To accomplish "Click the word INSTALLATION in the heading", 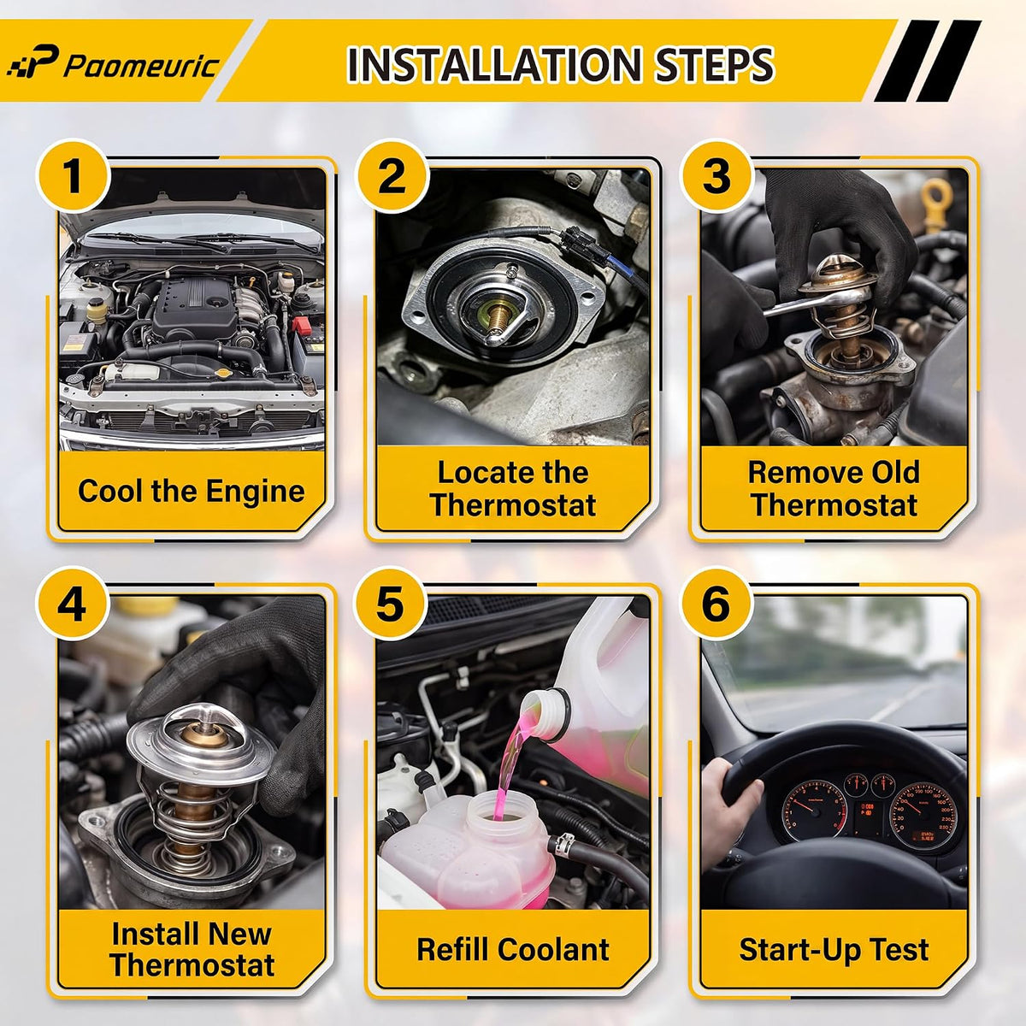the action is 493,64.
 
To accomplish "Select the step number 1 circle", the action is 73,177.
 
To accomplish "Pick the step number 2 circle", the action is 392,177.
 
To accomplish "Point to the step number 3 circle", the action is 716,177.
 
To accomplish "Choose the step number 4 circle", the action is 73,604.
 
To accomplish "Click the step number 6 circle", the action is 716,604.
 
